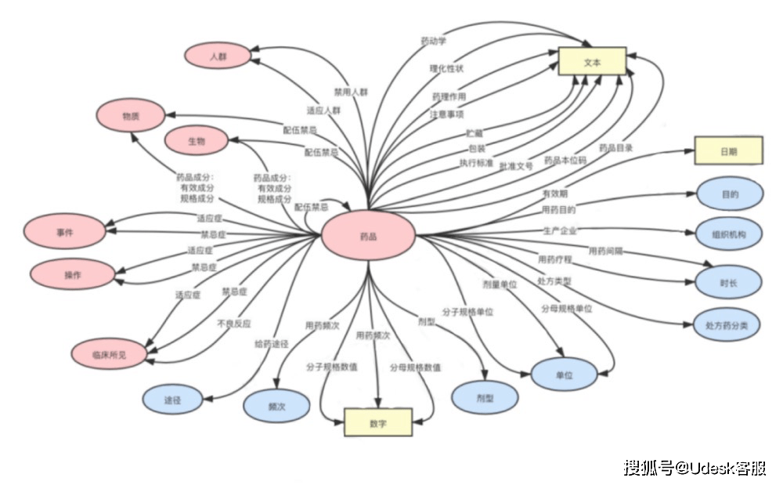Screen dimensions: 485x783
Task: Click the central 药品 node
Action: [x=368, y=235]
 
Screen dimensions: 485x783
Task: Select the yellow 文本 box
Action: [x=592, y=62]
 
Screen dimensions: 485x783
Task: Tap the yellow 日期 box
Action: [x=728, y=150]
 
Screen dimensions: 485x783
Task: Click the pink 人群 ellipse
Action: [x=217, y=56]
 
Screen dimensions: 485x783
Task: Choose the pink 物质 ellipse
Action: [x=131, y=116]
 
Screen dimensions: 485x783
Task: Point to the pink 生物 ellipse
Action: [x=197, y=140]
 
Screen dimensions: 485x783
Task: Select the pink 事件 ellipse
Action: [x=64, y=232]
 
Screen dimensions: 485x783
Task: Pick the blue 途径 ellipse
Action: [x=173, y=399]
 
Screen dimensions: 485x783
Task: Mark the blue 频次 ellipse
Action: [x=276, y=407]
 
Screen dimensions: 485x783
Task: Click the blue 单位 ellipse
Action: [x=564, y=375]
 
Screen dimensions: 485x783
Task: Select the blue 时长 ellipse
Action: [x=728, y=281]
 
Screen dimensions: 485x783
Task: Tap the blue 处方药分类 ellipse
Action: [x=727, y=325]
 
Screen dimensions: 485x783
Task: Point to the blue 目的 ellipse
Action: [x=729, y=193]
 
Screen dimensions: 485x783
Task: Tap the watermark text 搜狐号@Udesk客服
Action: [x=695, y=467]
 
